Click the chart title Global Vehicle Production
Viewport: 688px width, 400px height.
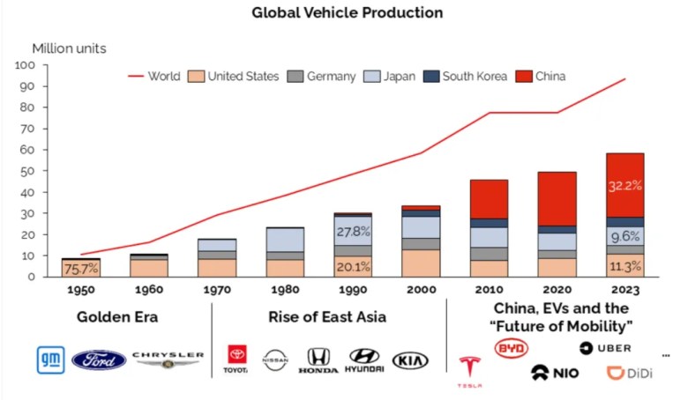pyautogui.click(x=348, y=13)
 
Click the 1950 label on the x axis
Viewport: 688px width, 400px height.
pyautogui.click(x=80, y=286)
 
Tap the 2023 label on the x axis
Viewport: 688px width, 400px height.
pyautogui.click(x=625, y=286)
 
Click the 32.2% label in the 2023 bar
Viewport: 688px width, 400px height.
pyautogui.click(x=625, y=186)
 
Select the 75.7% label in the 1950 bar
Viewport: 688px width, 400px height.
pyautogui.click(x=80, y=269)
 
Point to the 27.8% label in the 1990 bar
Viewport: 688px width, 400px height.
pyautogui.click(x=353, y=231)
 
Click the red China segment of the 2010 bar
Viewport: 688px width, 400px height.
pyautogui.click(x=489, y=199)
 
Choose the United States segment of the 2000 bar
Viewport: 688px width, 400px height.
pyautogui.click(x=421, y=263)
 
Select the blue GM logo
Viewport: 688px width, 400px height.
pyautogui.click(x=50, y=359)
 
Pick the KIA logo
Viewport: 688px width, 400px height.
pyautogui.click(x=410, y=359)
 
